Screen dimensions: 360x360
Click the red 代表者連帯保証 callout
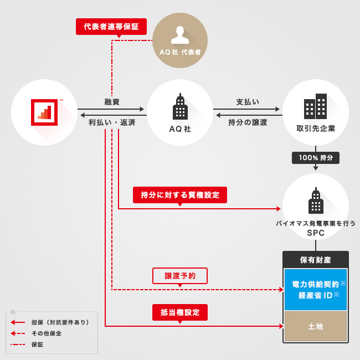click(111, 27)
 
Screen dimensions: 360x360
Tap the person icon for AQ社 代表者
click(180, 34)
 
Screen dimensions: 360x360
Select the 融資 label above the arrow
click(112, 102)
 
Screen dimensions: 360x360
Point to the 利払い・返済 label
click(112, 122)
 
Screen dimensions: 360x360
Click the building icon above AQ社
click(180, 107)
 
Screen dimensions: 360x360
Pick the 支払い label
click(248, 102)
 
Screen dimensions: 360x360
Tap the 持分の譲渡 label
click(248, 122)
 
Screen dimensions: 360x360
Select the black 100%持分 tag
click(316, 158)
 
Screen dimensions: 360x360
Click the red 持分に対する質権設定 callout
click(180, 195)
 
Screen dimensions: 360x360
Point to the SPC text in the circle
click(316, 233)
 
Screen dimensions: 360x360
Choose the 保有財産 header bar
click(315, 259)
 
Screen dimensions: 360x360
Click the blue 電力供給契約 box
click(315, 289)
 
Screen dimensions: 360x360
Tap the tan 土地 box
click(315, 326)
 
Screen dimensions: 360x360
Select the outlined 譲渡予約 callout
click(179, 275)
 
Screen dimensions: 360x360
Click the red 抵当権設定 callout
click(180, 312)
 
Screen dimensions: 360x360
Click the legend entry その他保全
click(47, 333)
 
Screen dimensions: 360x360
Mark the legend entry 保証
click(37, 344)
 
